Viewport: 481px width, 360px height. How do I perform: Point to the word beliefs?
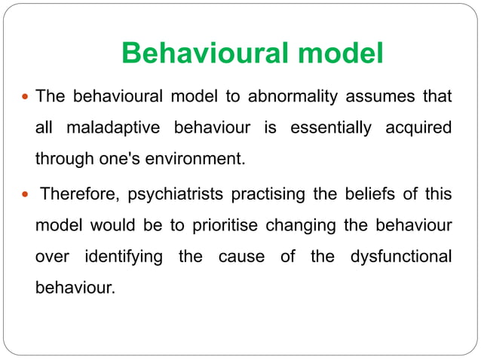coord(366,195)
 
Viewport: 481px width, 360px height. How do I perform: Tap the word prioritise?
coord(225,227)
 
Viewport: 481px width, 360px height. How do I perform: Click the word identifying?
coord(122,258)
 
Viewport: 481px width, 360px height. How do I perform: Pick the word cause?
coord(241,258)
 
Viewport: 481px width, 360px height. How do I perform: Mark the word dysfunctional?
coord(401,258)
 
